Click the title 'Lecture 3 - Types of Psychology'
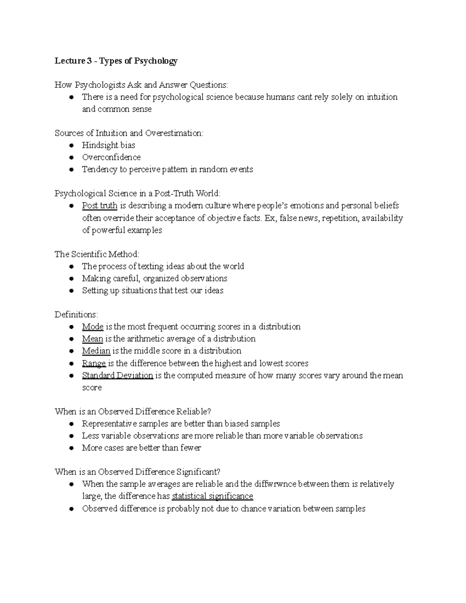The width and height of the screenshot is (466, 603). [x=116, y=61]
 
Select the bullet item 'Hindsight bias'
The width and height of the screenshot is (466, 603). [x=108, y=145]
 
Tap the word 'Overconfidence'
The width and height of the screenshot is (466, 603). [x=111, y=157]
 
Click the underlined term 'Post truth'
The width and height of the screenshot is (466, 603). [x=99, y=205]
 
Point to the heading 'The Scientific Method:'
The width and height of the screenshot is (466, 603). [x=97, y=254]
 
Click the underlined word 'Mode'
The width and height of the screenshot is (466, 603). [x=92, y=327]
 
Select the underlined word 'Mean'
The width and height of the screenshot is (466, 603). [x=92, y=339]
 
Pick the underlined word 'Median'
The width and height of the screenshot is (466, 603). [x=96, y=351]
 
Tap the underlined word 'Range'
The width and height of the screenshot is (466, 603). [x=94, y=363]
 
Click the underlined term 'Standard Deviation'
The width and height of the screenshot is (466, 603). [x=117, y=375]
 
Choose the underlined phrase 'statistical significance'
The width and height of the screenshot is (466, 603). [x=212, y=496]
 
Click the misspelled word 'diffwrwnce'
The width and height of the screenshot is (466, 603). [x=275, y=484]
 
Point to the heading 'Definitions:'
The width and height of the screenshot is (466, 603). [x=77, y=315]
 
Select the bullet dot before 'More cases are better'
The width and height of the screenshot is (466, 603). [x=71, y=448]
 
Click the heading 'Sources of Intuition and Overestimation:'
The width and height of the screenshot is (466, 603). [x=129, y=133]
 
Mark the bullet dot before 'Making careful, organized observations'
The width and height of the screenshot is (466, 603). [x=71, y=279]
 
